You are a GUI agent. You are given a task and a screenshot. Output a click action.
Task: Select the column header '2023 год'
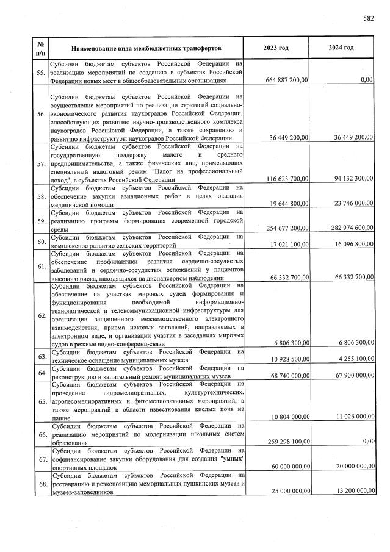point(276,48)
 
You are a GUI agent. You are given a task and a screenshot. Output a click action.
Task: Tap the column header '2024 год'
point(341,48)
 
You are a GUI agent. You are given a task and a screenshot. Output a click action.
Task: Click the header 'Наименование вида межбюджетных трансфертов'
point(146,48)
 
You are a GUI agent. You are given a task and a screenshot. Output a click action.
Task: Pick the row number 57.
point(42,164)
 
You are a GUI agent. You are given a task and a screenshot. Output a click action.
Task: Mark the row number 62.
point(42,316)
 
